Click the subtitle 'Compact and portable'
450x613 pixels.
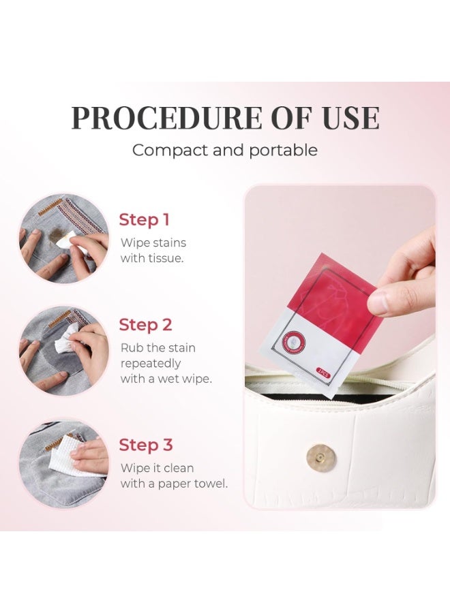(224, 150)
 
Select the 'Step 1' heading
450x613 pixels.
(144, 220)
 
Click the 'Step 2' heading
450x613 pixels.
(145, 325)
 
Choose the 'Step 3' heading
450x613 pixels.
(145, 445)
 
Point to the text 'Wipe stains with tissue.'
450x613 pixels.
(153, 250)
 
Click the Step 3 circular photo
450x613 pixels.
(63, 462)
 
